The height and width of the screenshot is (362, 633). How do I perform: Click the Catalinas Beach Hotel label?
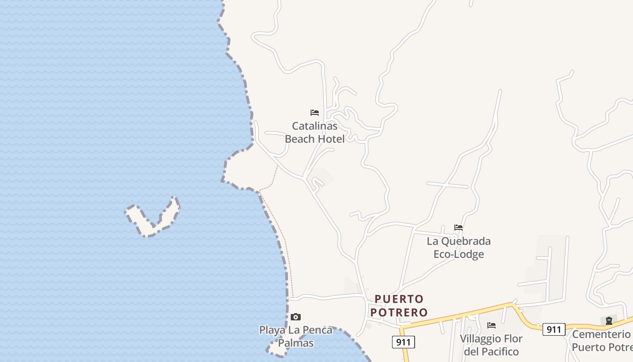point(315,132)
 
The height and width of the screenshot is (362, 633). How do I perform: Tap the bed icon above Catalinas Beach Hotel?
point(315,112)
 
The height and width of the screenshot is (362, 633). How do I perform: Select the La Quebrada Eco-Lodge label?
point(458,248)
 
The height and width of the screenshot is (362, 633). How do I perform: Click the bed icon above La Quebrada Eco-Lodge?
point(458,228)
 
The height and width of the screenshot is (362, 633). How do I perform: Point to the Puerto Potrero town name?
point(399,305)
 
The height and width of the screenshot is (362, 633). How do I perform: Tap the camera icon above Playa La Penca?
point(296,317)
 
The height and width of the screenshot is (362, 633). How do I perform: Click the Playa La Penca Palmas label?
point(296,336)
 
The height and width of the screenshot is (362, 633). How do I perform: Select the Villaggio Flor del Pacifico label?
point(491,345)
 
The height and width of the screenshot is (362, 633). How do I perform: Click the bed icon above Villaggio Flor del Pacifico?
point(491,325)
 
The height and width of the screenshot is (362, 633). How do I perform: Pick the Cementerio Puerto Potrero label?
point(601,341)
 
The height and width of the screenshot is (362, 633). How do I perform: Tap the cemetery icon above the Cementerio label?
point(609,321)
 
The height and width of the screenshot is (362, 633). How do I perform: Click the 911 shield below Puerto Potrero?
point(403,342)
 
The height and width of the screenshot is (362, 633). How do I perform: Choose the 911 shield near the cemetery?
point(554,329)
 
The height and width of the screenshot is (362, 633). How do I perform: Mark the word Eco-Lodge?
point(458,254)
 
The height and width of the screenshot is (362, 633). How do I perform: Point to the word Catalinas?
point(315,126)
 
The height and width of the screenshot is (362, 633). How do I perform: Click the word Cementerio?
point(601,334)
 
